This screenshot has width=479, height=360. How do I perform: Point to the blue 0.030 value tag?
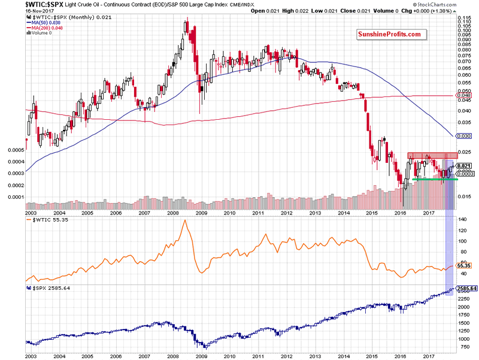point(464,137)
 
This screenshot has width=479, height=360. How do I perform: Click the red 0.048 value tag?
point(464,95)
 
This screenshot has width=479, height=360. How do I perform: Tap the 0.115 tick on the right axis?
point(463,18)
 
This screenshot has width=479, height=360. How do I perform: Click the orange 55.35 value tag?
point(464,265)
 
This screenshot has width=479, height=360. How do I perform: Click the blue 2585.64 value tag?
point(466,289)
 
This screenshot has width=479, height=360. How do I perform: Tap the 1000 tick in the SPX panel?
point(463,338)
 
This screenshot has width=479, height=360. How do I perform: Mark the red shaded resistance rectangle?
point(428,156)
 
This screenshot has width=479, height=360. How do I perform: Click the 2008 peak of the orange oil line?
point(184,221)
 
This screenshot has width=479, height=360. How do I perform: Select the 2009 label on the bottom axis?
point(202,355)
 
